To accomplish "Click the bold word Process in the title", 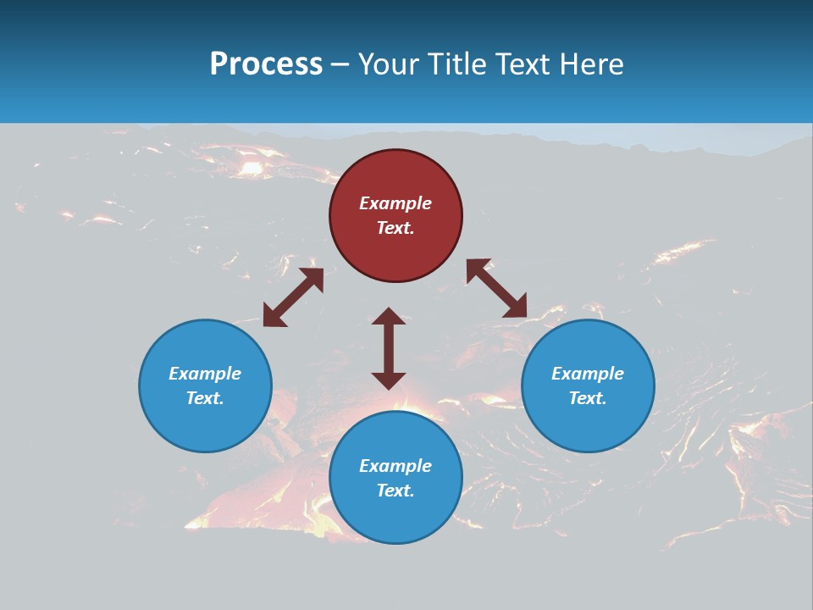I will click(266, 64).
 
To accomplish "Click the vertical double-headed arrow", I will click(389, 348).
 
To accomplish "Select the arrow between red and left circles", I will click(293, 297).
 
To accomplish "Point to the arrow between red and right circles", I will click(496, 288).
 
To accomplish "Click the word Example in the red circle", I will click(395, 203).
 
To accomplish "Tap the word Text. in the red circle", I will click(395, 228).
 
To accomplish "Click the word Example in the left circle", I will click(205, 374).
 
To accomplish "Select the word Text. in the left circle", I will click(205, 398).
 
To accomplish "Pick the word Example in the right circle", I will click(588, 374).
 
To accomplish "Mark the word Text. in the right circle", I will click(588, 398).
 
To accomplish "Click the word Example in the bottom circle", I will click(395, 466).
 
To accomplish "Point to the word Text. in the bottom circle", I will click(395, 491).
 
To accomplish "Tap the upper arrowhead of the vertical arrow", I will click(389, 316).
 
